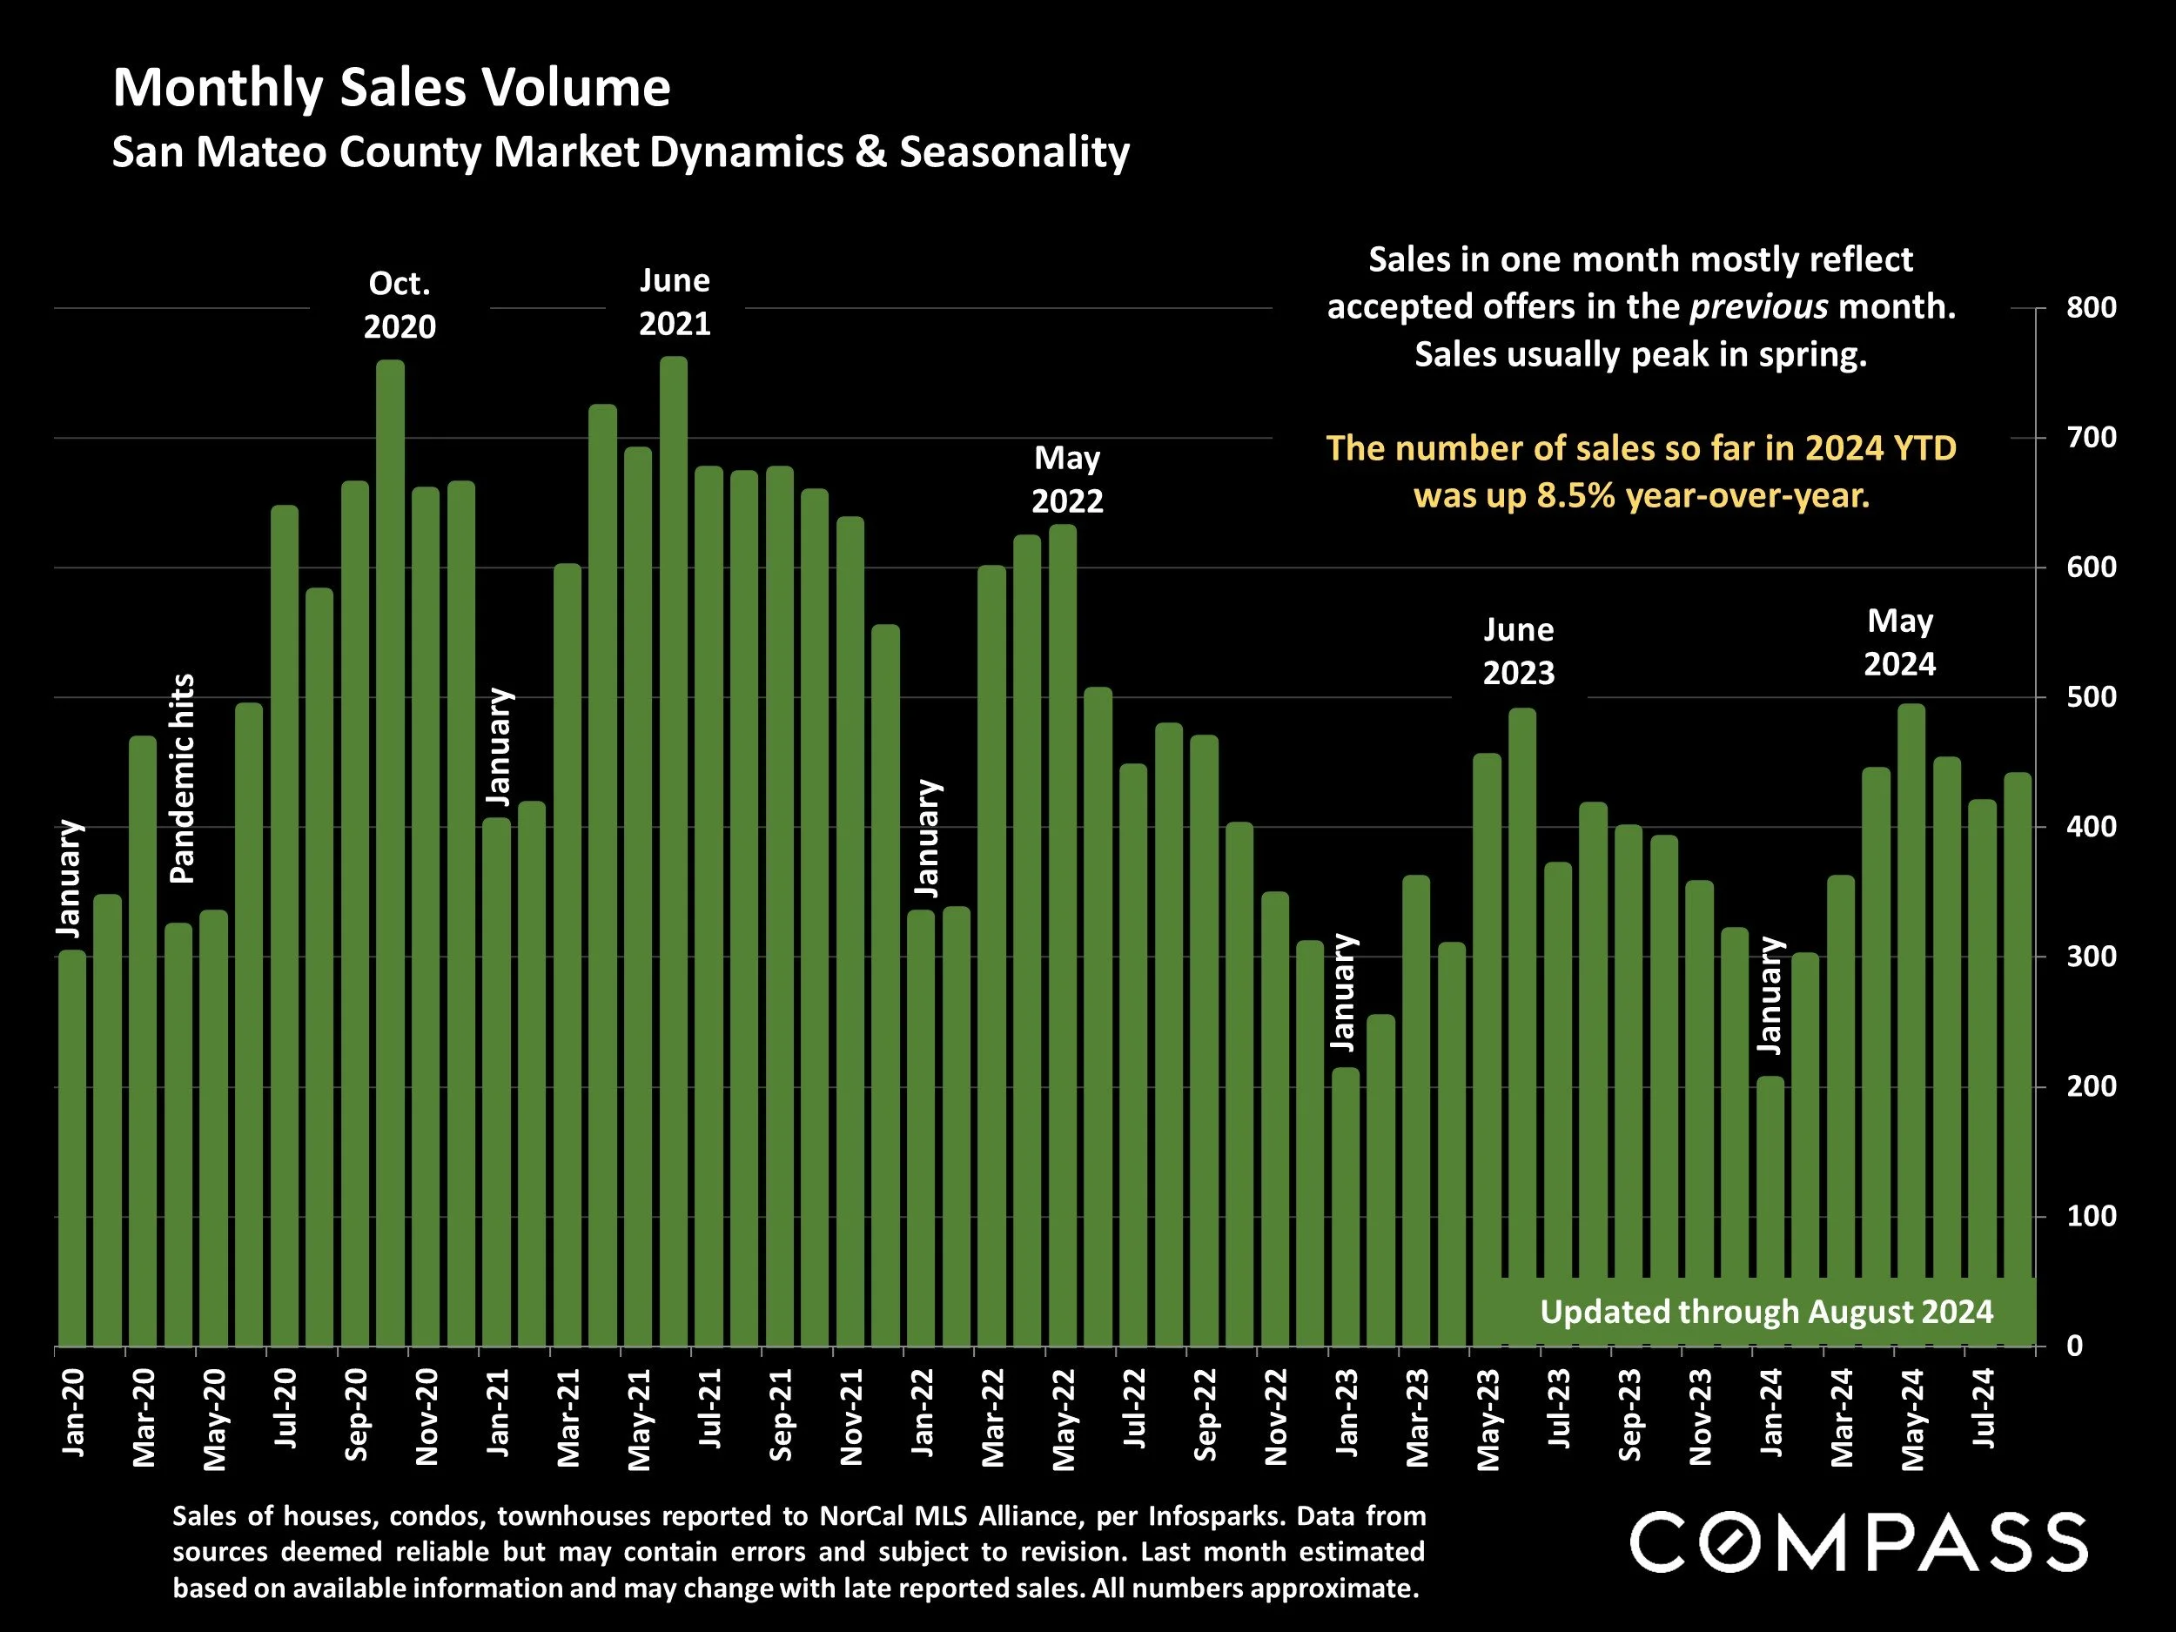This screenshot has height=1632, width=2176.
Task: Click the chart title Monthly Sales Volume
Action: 392,89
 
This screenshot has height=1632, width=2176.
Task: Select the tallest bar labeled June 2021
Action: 674,846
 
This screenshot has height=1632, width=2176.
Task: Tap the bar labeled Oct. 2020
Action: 391,846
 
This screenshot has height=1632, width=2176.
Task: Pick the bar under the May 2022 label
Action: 1063,935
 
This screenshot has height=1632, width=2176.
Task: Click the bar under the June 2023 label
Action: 1521,1023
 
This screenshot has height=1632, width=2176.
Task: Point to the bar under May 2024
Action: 1911,1023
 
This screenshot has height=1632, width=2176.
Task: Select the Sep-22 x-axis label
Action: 1206,1414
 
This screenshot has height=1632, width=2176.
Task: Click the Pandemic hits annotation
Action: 183,778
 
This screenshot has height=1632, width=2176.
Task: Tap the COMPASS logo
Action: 1858,1542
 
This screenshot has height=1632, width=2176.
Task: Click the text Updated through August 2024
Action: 1767,1312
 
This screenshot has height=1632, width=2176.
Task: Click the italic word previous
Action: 1759,307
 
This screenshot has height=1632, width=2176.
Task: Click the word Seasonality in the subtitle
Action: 1014,152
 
